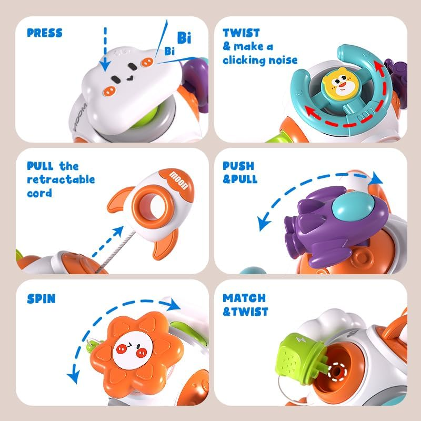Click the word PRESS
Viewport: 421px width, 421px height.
click(x=44, y=33)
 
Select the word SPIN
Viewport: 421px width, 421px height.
click(x=41, y=299)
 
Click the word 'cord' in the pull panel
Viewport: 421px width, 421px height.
click(x=39, y=193)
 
